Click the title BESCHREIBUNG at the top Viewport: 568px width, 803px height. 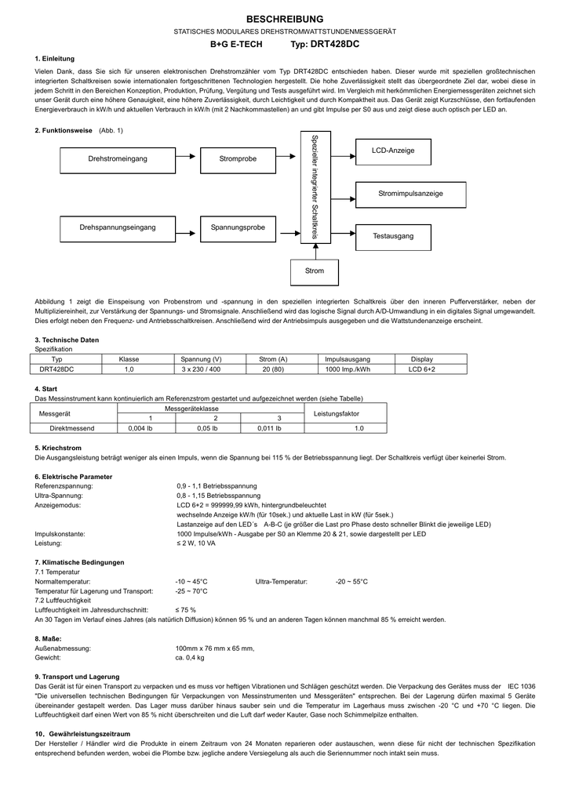tap(284, 18)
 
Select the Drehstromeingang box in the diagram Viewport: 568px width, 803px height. tap(118, 159)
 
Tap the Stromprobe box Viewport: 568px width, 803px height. tap(238, 159)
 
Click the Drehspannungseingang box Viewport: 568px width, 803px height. tap(118, 227)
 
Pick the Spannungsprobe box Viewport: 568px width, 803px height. tap(238, 227)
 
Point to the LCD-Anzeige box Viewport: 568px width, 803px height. tap(393, 151)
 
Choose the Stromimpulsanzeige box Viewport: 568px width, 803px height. tap(410, 193)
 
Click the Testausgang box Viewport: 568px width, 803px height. tap(393, 236)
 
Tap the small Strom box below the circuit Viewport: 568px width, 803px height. tap(314, 271)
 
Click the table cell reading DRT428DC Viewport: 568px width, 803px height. tap(57, 369)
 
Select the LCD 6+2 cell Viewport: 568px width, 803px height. tap(421, 369)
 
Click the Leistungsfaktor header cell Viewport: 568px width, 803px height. tap(337, 413)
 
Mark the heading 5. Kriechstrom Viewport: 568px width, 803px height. tap(59, 448)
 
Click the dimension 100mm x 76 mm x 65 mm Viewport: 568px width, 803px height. tap(215, 649)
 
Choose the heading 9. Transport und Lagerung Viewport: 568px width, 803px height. tap(77, 676)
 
